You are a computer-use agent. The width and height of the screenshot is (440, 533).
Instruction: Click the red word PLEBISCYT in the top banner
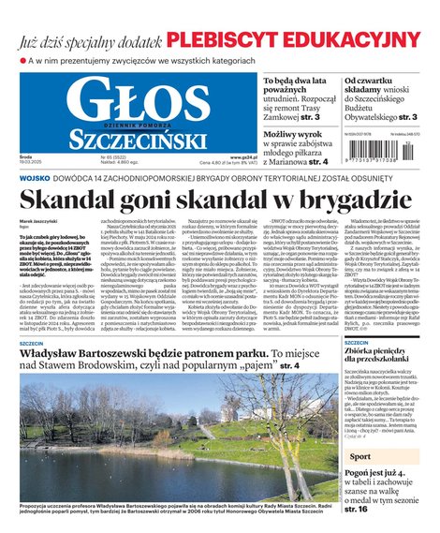(x=219, y=38)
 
